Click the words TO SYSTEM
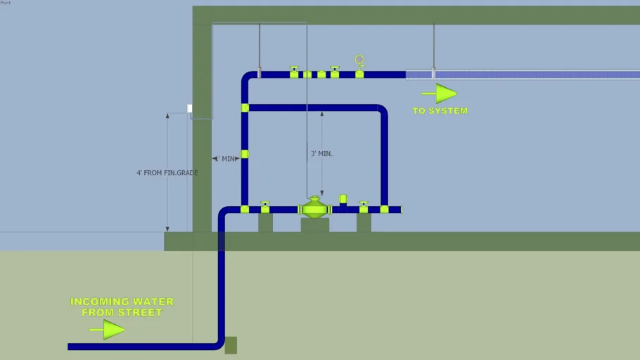point(440,111)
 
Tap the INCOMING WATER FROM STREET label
point(122,307)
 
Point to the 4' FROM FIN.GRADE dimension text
point(167,172)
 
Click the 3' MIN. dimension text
point(321,153)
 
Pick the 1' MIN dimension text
point(226,159)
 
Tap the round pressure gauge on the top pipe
point(359,60)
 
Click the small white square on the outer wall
point(190,108)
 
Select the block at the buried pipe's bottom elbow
point(231,345)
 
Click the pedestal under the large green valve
point(314,225)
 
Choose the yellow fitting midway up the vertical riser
point(245,154)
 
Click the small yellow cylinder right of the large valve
point(343,200)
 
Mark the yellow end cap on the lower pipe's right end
point(384,210)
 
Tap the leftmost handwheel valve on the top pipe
point(294,72)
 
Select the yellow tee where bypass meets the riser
point(245,108)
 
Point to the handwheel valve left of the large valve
point(265,207)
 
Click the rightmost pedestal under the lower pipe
point(364,223)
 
